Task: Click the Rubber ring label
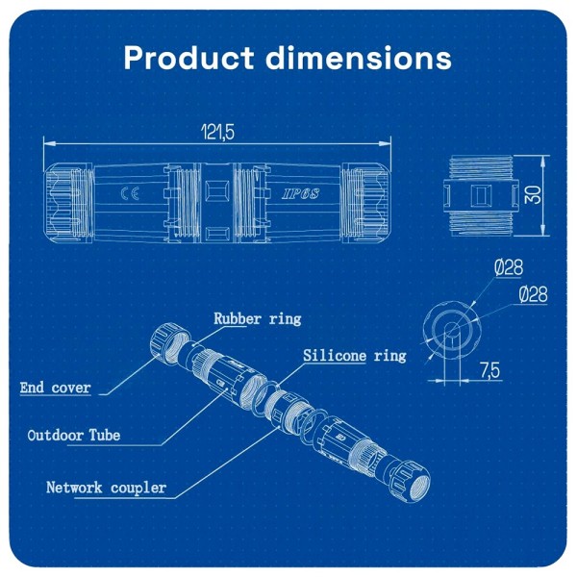click(x=257, y=318)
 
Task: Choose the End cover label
click(x=56, y=389)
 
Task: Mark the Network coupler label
click(x=106, y=488)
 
